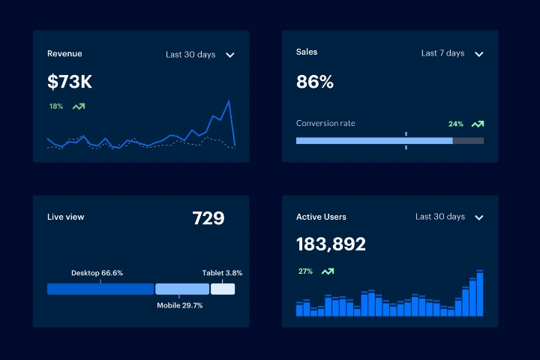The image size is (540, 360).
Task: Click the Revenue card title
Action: (64, 54)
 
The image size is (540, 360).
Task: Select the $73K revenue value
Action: (69, 82)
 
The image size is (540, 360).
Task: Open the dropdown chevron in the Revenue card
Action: (230, 55)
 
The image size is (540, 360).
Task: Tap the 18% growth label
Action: (56, 106)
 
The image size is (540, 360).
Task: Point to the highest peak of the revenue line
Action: (228, 100)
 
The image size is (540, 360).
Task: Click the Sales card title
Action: (307, 52)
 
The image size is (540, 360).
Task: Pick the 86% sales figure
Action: (315, 82)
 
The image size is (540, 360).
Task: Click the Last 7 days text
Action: (442, 53)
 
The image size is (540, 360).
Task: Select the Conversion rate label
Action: (325, 123)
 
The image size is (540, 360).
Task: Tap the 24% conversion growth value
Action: (455, 124)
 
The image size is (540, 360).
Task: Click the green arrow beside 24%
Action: (478, 124)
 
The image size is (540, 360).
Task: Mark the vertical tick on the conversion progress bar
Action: (406, 140)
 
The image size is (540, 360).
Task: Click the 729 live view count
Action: (208, 218)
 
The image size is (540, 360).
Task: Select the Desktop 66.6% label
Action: (97, 273)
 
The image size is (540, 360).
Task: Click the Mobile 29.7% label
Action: (179, 305)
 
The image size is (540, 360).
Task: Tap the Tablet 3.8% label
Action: (222, 273)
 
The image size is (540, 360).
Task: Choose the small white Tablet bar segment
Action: (223, 289)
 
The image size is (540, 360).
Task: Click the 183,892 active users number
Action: (331, 244)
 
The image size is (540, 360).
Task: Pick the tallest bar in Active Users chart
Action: (480, 294)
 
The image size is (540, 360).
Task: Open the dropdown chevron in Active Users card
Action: (479, 217)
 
